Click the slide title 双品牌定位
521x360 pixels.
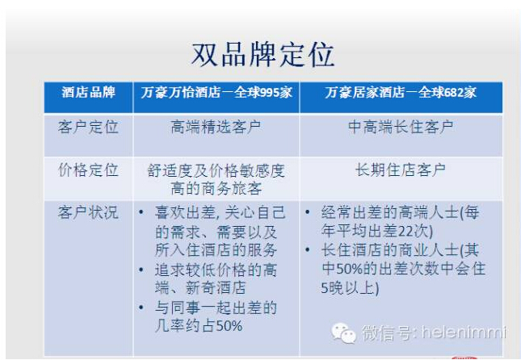[263, 55]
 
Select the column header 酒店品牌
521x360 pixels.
[88, 92]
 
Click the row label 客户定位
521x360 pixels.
[88, 128]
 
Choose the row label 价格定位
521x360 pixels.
[88, 170]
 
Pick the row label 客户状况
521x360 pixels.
[88, 212]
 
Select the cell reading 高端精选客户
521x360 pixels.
[216, 128]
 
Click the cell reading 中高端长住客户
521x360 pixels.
[401, 128]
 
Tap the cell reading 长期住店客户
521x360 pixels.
[401, 170]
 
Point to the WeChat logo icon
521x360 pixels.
[343, 333]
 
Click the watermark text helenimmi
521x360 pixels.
[464, 332]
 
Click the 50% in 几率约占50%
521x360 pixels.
[229, 326]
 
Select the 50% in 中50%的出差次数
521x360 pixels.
[349, 269]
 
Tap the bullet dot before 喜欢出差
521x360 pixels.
[141, 212]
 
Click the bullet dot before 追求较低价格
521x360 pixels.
[141, 270]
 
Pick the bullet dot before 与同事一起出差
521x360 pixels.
[141, 308]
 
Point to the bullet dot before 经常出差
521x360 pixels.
[308, 212]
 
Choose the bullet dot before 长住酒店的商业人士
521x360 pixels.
[308, 250]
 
